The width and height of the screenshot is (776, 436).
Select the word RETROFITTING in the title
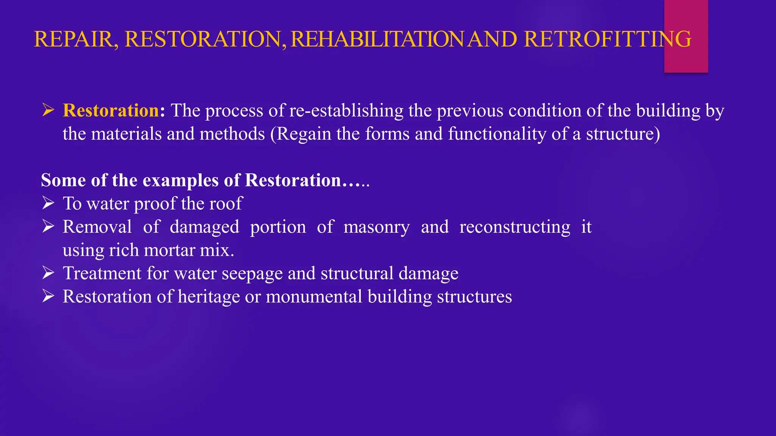pyautogui.click(x=607, y=39)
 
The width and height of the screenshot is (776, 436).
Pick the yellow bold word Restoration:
pyautogui.click(x=114, y=111)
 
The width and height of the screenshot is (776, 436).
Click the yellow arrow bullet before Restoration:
pyautogui.click(x=48, y=110)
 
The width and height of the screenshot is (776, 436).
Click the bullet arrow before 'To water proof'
pyautogui.click(x=48, y=203)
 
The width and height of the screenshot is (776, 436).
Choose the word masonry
pyautogui.click(x=376, y=227)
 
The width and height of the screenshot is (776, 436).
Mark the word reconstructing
pyautogui.click(x=515, y=227)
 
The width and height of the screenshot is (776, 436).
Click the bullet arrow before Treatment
pyautogui.click(x=48, y=273)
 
